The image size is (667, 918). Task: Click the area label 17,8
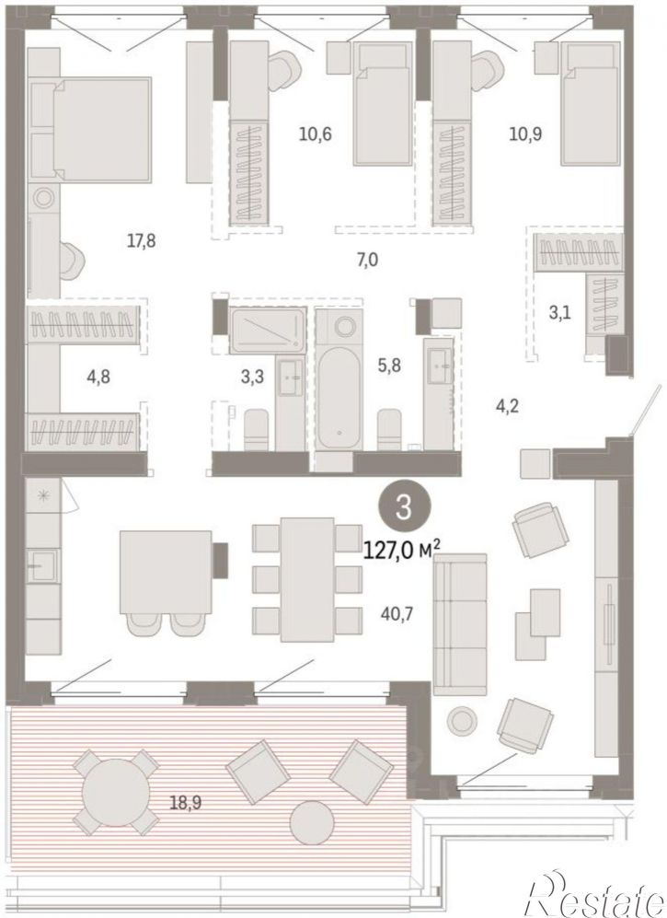click(x=141, y=240)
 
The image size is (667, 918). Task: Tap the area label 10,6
click(x=316, y=134)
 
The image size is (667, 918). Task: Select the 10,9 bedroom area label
click(x=525, y=134)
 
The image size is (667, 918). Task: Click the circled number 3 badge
click(x=404, y=507)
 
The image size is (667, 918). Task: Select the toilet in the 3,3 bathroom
click(x=256, y=429)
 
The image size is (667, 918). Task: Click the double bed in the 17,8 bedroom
click(x=102, y=129)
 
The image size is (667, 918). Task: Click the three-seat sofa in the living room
click(x=460, y=624)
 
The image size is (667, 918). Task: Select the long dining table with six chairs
click(x=307, y=579)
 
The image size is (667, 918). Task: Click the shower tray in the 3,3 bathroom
click(x=268, y=331)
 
